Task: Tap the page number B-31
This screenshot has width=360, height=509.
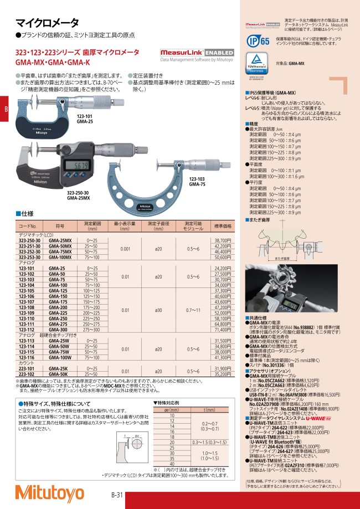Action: point(118,495)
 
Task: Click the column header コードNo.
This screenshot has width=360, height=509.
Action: point(27,226)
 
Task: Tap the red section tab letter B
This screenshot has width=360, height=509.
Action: point(6,109)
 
